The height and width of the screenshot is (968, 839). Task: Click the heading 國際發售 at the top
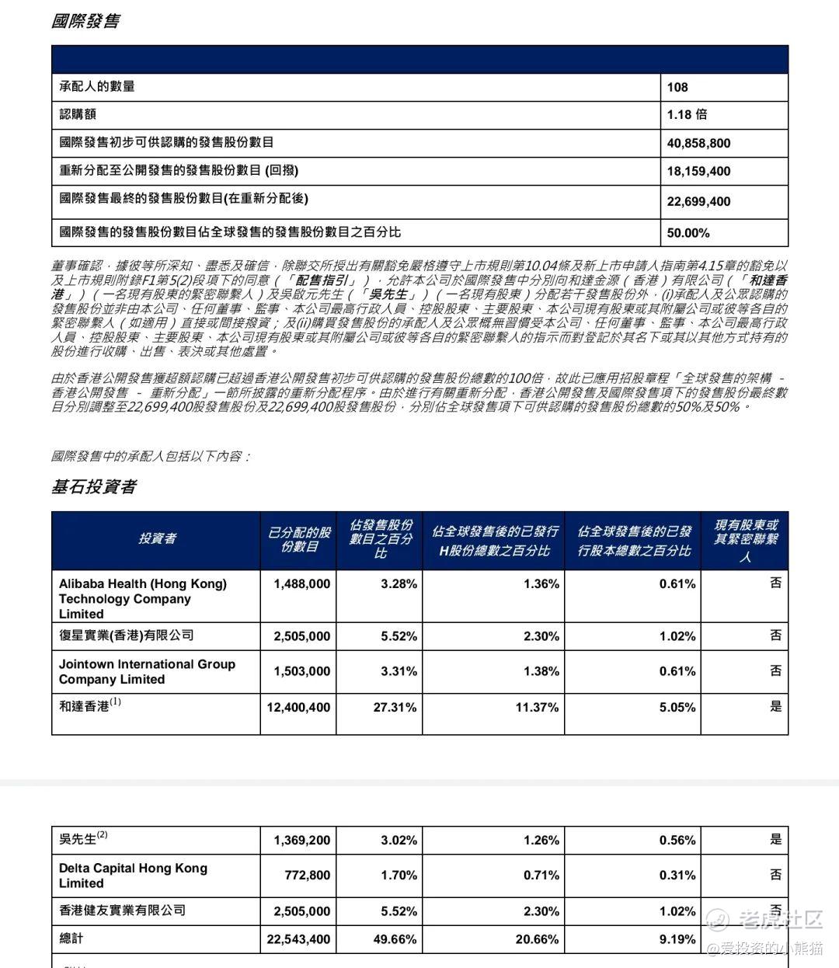pos(85,21)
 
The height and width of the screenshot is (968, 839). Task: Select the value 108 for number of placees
pos(677,87)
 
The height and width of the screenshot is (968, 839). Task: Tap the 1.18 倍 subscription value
pos(687,114)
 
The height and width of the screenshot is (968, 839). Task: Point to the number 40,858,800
pos(698,143)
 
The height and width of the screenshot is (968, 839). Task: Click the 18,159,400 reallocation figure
pos(698,171)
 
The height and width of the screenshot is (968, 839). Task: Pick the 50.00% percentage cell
pos(688,232)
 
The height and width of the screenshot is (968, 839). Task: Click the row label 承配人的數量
pos(97,86)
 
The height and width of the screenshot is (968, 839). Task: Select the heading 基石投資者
pos(93,486)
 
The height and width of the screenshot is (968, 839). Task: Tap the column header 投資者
pos(157,538)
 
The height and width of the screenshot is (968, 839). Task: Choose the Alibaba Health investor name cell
pos(143,598)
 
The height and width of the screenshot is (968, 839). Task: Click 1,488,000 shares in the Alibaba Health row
pos(301,584)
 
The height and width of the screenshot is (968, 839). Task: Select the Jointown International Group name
pos(147,671)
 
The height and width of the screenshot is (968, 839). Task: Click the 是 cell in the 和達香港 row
pos(775,706)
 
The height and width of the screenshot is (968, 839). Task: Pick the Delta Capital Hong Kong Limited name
pos(133,875)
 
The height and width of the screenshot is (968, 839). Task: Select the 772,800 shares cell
pos(308,875)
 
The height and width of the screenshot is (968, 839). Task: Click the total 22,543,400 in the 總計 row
pos(298,939)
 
